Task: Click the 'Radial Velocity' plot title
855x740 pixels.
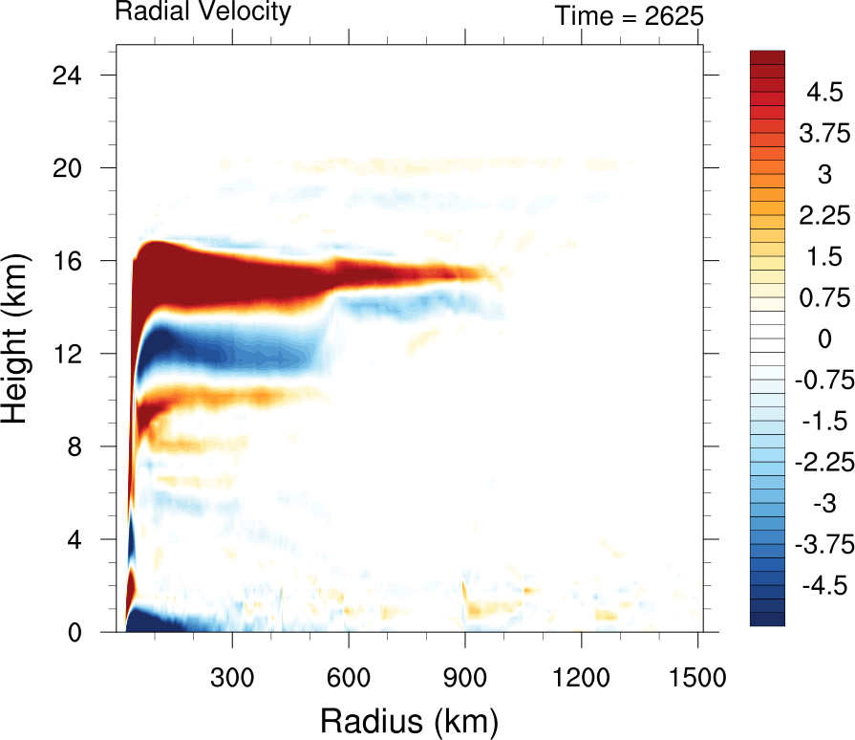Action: pos(203,12)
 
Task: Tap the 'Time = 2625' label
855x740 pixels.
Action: pos(630,15)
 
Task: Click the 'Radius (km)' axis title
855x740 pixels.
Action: pos(408,718)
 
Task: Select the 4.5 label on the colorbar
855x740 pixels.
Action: pos(823,93)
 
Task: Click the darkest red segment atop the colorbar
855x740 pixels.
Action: pos(768,56)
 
